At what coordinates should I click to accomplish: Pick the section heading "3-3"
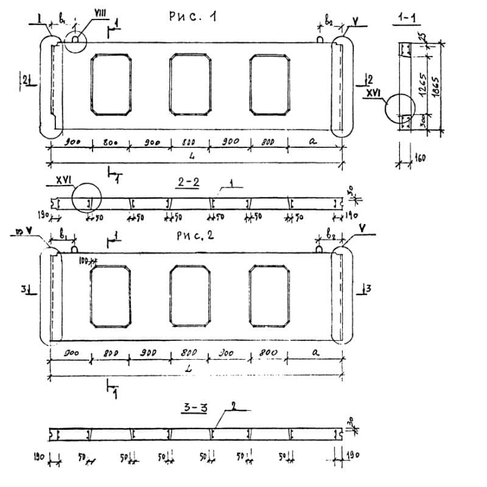tap(195, 408)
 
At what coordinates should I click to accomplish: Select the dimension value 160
tap(420, 159)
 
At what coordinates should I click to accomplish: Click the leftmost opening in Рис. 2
tap(110, 296)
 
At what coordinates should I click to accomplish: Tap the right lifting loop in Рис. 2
tap(320, 248)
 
